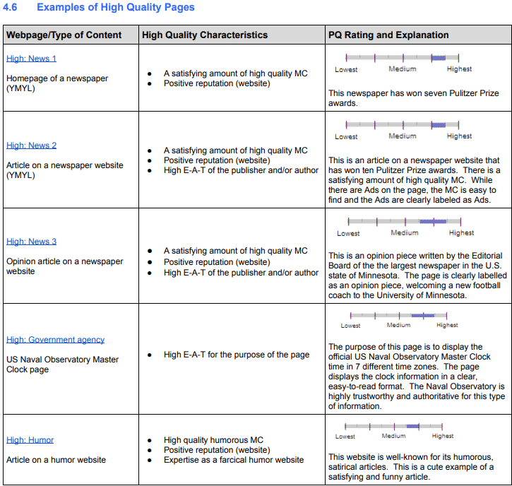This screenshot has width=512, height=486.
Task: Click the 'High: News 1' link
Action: (31, 59)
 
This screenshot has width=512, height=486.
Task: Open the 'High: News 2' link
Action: (31, 146)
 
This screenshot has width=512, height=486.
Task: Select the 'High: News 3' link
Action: (31, 242)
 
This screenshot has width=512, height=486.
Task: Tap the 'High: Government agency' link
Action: (55, 340)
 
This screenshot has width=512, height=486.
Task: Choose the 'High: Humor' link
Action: (30, 440)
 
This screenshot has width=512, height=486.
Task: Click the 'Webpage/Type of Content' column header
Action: (64, 35)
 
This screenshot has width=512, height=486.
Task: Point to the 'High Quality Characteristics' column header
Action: (205, 35)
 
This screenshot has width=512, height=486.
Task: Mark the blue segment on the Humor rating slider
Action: (412, 426)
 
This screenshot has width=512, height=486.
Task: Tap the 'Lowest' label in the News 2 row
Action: (346, 136)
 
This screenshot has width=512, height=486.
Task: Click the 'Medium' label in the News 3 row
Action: (405, 233)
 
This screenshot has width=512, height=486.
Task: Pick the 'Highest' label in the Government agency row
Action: (447, 326)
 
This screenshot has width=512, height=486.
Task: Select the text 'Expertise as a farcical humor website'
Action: (234, 460)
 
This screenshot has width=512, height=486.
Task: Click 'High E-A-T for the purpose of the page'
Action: (237, 355)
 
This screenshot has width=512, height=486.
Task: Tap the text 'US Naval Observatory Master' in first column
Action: (63, 360)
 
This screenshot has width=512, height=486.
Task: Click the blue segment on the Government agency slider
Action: (422, 315)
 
